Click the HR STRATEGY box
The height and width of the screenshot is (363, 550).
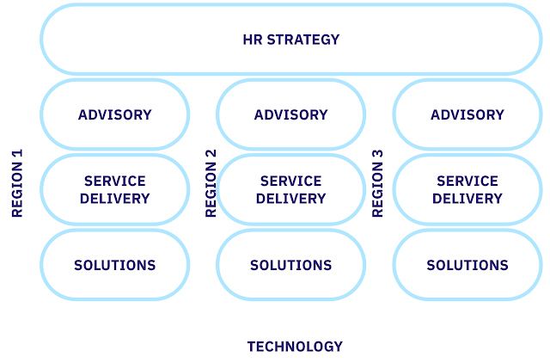(x=290, y=40)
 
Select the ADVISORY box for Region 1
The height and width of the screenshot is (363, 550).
(x=114, y=114)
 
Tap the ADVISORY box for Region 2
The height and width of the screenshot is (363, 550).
(x=290, y=114)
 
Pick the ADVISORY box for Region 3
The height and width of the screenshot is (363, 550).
(x=467, y=114)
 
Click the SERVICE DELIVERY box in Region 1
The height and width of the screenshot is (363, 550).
(x=114, y=189)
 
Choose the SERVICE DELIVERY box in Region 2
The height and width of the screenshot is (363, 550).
(x=290, y=189)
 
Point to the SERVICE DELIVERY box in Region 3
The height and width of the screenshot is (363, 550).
(x=467, y=189)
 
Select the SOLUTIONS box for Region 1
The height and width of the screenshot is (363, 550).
(x=114, y=265)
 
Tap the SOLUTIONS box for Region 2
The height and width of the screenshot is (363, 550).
(x=290, y=265)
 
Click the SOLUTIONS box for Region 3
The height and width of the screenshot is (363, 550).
(x=467, y=265)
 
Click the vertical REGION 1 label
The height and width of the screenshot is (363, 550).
(x=17, y=183)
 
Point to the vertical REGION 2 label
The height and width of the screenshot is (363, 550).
(x=211, y=183)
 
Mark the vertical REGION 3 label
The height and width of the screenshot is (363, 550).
(x=377, y=183)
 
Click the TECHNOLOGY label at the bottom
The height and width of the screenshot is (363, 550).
(x=295, y=347)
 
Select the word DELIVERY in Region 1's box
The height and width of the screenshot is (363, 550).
(x=114, y=198)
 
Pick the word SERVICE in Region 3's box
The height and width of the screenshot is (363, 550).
(x=467, y=181)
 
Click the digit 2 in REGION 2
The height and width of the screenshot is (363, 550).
(x=211, y=155)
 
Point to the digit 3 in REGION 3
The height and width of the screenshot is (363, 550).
(x=377, y=155)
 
